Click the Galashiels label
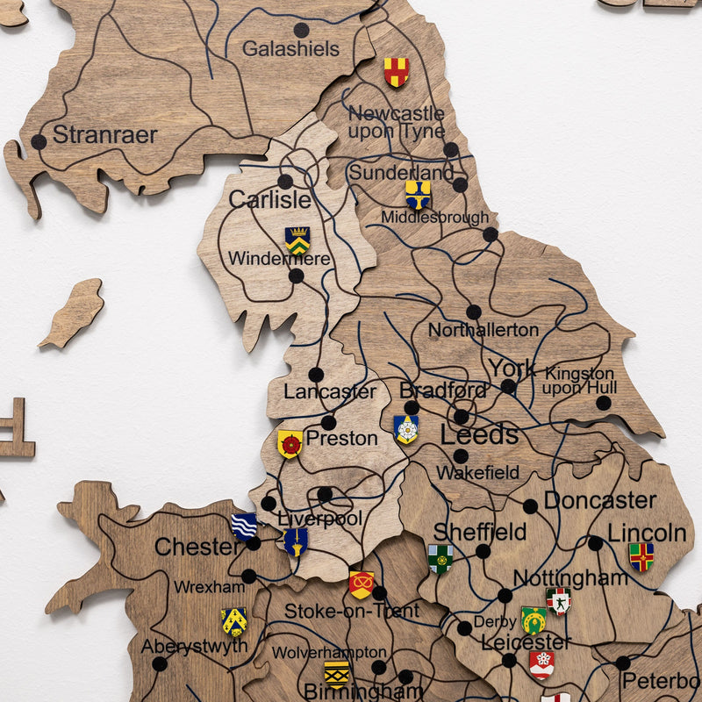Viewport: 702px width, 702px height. pos(290,49)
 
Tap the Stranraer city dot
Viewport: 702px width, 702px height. pos(39,141)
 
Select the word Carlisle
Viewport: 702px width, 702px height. pos(269,200)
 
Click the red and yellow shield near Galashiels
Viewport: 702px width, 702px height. pos(397,71)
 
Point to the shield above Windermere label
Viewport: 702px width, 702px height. pos(297,240)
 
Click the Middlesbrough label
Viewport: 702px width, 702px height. pos(435,217)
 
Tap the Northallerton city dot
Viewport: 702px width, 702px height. pos(474,312)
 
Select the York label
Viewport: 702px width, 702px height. pos(512,369)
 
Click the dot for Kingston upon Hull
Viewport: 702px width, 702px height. pos(604,403)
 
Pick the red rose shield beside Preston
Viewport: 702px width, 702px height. pos(290,444)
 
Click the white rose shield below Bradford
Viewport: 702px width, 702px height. pos(406,429)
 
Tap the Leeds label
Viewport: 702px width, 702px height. pos(479,435)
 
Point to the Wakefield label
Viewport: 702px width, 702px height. pos(477,473)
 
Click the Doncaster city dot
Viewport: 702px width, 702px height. pos(530,506)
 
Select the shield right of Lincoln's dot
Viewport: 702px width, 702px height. pos(641,556)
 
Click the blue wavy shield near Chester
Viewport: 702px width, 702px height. pos(244,526)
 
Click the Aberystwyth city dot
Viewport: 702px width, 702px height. pos(160,663)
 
